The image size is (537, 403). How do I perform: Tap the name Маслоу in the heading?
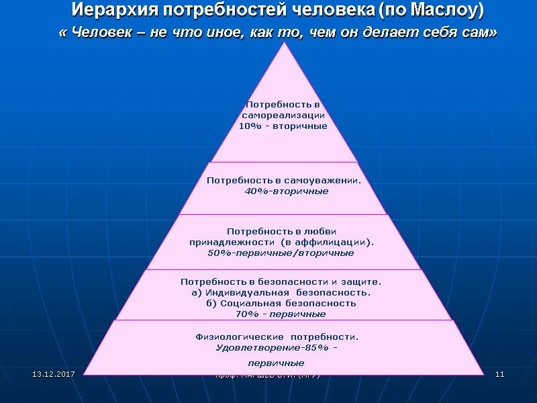(446, 11)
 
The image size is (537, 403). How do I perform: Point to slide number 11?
(499, 373)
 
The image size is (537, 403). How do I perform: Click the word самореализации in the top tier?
(283, 116)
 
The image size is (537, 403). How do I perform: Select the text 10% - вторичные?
(283, 126)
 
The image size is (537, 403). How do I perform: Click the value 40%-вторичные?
(287, 191)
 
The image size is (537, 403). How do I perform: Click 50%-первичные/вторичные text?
(281, 253)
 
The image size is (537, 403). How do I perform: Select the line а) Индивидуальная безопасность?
(281, 293)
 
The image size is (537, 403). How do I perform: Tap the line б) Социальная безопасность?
(281, 304)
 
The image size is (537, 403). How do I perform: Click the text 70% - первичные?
(281, 314)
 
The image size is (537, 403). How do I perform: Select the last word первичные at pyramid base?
(276, 363)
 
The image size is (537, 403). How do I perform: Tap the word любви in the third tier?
(322, 231)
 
